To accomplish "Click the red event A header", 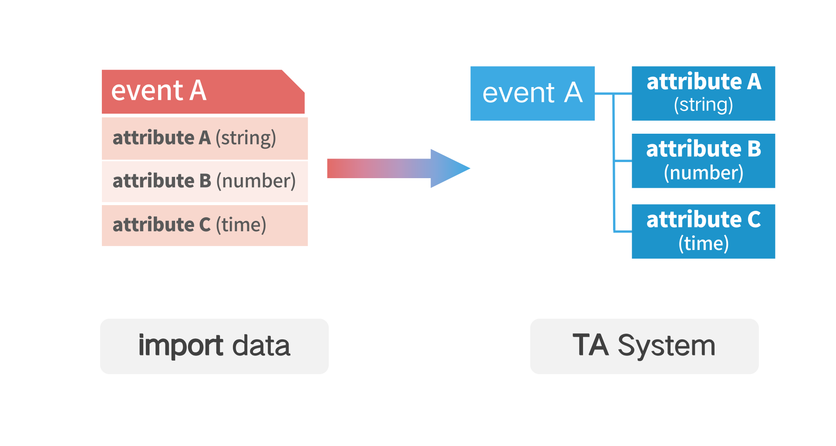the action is (203, 91).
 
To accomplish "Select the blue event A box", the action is (533, 93).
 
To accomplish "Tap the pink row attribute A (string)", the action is (205, 139).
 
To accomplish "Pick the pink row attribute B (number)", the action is (205, 182).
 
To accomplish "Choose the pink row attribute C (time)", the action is (205, 226).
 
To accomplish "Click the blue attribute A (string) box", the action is (703, 93).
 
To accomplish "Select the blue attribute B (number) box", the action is (703, 161).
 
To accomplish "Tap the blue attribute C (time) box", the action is (703, 231).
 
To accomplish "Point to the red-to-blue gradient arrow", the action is (398, 169).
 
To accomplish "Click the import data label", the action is (214, 346).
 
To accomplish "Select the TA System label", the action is (644, 346).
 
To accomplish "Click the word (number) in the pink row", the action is (256, 181).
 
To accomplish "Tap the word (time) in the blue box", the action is (704, 243).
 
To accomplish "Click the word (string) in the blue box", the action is (704, 105).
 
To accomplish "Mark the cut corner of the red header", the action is (293, 81).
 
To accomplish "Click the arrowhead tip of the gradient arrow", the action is (470, 168).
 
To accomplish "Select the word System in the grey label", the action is (667, 346).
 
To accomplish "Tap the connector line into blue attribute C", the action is (623, 231).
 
